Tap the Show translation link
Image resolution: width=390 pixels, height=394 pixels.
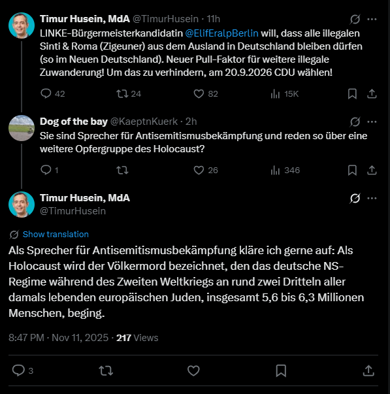56,234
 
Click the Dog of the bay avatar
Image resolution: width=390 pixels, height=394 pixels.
22,127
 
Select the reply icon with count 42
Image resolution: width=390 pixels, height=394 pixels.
46,93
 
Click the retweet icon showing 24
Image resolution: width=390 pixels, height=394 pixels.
122,93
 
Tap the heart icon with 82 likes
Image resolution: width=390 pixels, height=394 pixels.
201,93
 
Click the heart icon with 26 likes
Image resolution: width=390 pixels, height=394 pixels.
201,170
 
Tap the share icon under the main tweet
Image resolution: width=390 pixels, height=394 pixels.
368,370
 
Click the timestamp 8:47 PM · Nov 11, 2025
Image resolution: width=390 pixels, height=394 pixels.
57,338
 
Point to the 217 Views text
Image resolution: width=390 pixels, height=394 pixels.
137,338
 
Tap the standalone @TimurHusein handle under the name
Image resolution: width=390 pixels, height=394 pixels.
73,211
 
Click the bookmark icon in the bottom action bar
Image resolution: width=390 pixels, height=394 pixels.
280,370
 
